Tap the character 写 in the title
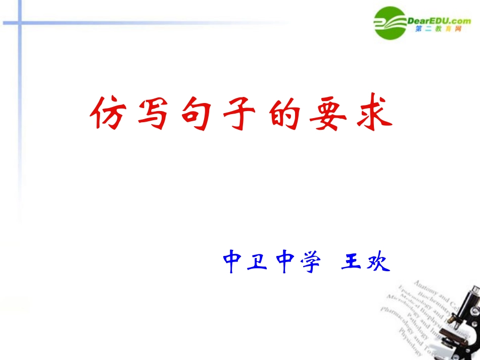pyautogui.click(x=152, y=113)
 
